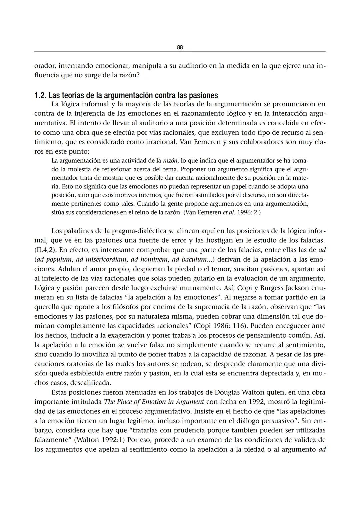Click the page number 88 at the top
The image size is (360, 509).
coord(180,47)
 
